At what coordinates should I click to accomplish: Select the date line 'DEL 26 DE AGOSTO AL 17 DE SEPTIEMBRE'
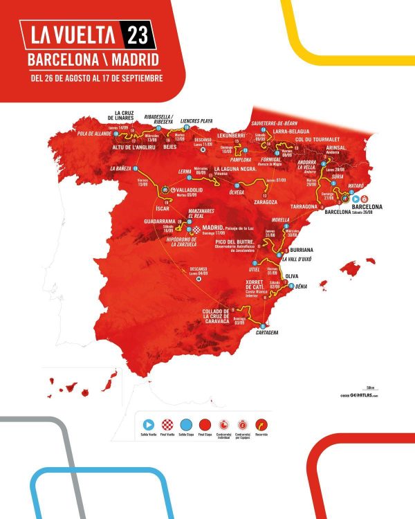pos(97,78)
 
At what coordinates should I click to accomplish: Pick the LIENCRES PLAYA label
pos(199,120)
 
